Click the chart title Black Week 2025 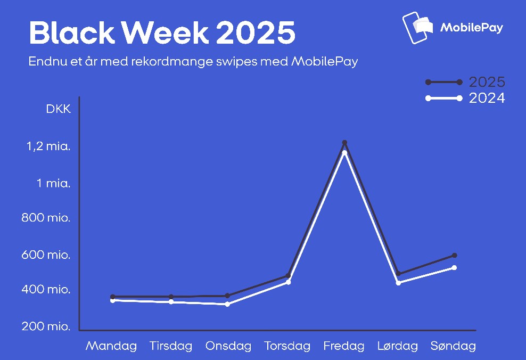pos(162,33)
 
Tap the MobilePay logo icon pos(418,28)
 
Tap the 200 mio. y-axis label pos(46,326)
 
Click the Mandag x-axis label pos(111,347)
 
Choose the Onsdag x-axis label pos(228,347)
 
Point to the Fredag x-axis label pos(344,347)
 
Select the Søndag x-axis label pos(453,347)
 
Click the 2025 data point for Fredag pos(344,143)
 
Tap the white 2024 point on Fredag pos(344,153)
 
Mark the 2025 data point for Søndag pos(455,256)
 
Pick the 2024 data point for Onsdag pos(227,304)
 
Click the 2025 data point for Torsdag pos(288,276)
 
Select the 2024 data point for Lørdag pos(398,283)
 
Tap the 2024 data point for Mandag pos(113,301)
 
